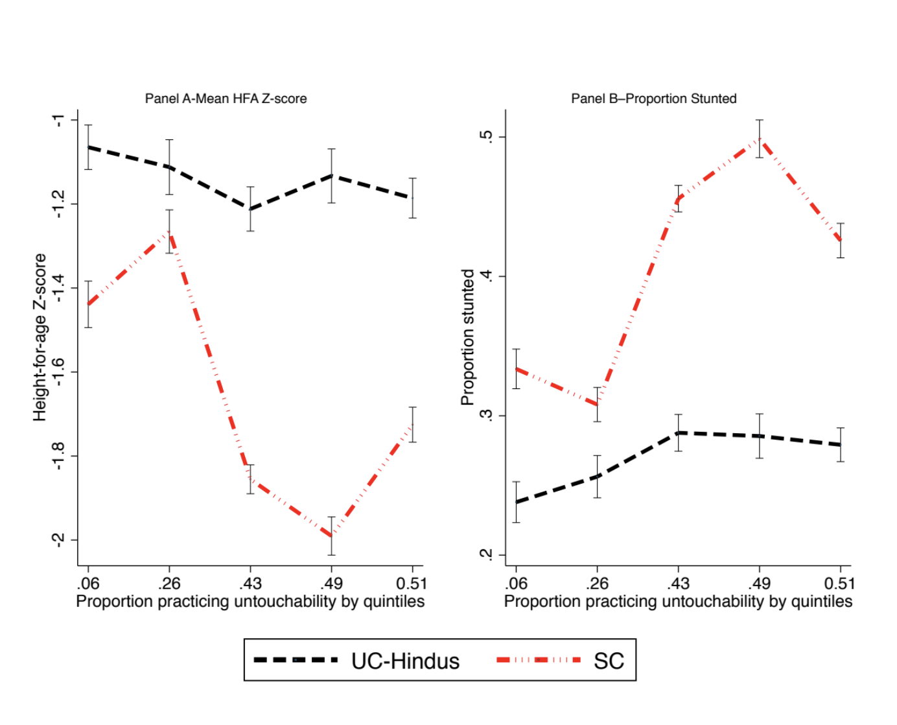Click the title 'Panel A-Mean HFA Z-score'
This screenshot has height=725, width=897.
[226, 99]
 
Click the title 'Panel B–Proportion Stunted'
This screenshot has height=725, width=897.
[653, 99]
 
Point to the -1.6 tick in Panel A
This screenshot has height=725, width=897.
[58, 372]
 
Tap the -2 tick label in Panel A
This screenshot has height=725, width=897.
[58, 540]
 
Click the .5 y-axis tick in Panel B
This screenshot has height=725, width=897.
[486, 137]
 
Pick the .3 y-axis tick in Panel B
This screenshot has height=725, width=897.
[486, 416]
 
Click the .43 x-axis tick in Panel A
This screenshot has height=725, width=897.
[250, 583]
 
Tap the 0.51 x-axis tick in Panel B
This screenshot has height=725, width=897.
[839, 583]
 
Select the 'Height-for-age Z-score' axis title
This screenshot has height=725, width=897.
[40, 337]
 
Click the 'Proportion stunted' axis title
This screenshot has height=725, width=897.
[467, 337]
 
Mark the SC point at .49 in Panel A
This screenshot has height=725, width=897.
[331, 536]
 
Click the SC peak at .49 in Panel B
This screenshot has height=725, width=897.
[760, 139]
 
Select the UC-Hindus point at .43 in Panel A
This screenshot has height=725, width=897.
[250, 209]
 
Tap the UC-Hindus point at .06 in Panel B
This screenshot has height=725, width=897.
[516, 502]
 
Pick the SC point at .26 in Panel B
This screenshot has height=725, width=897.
[597, 405]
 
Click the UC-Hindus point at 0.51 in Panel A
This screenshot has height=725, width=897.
[412, 198]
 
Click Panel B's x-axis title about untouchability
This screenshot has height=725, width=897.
[678, 601]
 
